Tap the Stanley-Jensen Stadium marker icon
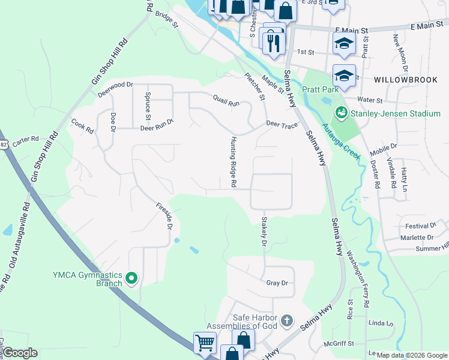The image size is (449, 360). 341,112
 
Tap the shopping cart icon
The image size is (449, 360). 205,343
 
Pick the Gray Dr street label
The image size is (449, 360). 277,282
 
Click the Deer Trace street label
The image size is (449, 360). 282,125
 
